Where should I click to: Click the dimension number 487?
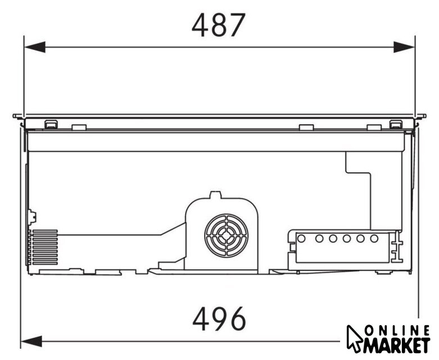pyautogui.click(x=219, y=25)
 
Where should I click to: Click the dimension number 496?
pyautogui.click(x=219, y=319)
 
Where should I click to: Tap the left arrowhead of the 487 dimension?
pyautogui.click(x=35, y=47)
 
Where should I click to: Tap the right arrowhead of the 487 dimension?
pyautogui.click(x=404, y=47)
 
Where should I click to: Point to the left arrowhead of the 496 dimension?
pyautogui.click(x=31, y=341)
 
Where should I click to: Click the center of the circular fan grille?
pyautogui.click(x=226, y=236)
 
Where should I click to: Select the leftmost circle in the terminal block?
pyautogui.click(x=301, y=238)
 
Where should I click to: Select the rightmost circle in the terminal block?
pyautogui.click(x=374, y=238)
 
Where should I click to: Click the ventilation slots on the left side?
pyautogui.click(x=45, y=247)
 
